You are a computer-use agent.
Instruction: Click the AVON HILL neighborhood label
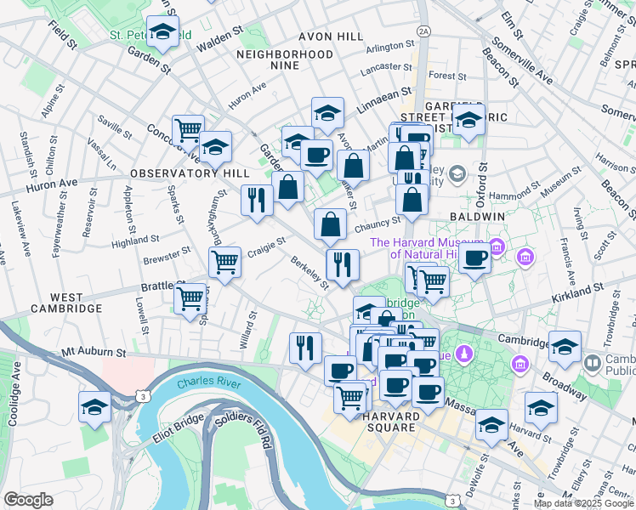pos(330,37)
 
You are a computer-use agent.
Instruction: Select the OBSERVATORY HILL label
pos(178,173)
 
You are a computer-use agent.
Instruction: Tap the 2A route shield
pos(424,31)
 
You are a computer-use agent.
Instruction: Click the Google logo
pos(28,500)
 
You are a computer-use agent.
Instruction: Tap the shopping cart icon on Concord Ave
pos(188,131)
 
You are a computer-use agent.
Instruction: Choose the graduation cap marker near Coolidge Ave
pos(94,407)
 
